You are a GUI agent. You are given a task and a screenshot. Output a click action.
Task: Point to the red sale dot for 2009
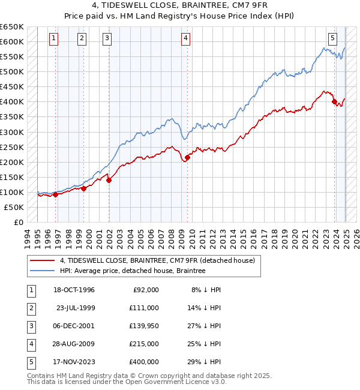[x=187, y=158]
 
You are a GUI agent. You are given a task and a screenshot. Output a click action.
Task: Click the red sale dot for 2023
[x=334, y=101]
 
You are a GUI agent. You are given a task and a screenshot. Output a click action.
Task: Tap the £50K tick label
[x=14, y=207]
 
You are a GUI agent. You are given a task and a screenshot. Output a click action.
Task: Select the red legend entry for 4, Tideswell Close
[x=157, y=260]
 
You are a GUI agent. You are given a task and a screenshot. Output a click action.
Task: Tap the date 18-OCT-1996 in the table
[x=74, y=290]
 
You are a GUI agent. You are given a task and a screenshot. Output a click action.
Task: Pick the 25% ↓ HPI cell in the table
[x=204, y=344]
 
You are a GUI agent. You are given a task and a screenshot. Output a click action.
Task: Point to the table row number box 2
[x=30, y=308]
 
